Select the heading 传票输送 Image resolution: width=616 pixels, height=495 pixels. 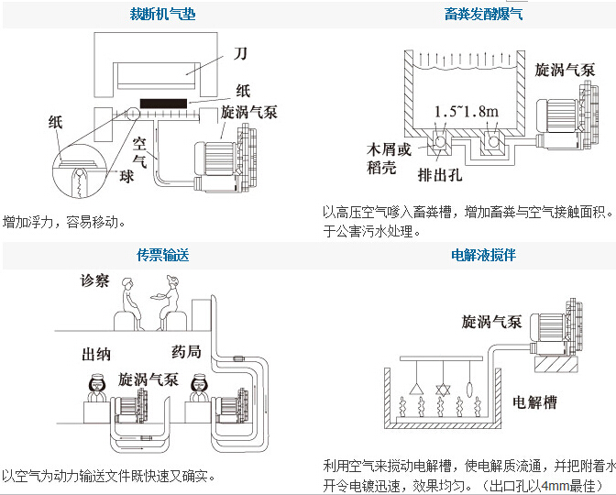click(x=162, y=256)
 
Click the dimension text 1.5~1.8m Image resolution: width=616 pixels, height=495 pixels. click(x=467, y=111)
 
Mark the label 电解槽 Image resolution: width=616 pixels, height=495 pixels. click(x=533, y=401)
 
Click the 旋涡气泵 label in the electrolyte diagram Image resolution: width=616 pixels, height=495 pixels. click(x=491, y=322)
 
